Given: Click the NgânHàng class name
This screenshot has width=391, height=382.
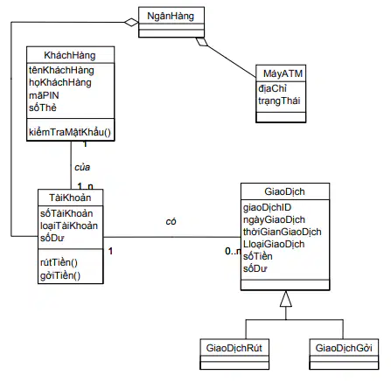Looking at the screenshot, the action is pos(171,16).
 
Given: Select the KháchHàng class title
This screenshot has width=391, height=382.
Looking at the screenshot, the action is pos(70,55).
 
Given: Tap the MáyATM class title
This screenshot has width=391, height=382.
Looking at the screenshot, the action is pos(283,73).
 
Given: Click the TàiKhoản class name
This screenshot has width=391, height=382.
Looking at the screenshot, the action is pos(70,198).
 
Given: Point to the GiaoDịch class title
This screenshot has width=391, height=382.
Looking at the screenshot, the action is pos(284,191).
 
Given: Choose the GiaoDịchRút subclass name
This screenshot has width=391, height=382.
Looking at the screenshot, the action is pos(234,348).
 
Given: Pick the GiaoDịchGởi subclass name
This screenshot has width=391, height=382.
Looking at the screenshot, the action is pos(344,348).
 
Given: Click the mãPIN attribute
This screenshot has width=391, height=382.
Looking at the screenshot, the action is pos(44,95).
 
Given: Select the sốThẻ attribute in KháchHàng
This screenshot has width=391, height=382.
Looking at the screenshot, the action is pos(43,108).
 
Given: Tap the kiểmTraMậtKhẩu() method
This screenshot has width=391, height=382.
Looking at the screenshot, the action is pos(70,132).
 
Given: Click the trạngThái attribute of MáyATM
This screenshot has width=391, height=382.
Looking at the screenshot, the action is pos(279,101).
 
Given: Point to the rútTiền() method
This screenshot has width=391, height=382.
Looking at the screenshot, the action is pos(59,262).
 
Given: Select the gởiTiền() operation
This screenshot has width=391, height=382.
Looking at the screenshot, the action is pos(60,275).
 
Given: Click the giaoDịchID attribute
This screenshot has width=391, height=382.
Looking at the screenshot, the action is pos(268,207).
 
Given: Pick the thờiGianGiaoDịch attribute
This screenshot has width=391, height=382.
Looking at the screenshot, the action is pos(283,232).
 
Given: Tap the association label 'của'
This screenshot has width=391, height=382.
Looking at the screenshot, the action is pos(82,167).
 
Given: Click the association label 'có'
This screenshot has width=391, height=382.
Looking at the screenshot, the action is pos(171,222).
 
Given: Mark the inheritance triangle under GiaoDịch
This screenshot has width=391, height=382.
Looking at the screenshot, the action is pos(286,299).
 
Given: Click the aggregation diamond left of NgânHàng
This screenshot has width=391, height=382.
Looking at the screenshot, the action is pos(131,22).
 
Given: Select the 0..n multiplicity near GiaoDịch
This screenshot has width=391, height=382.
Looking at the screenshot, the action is pos(234,251).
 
